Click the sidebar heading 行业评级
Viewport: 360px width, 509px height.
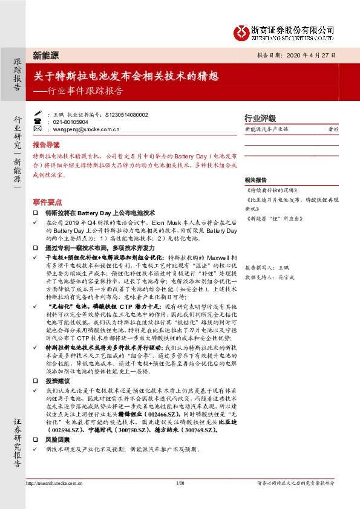click(x=260, y=118)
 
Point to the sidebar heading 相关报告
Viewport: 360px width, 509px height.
click(x=257, y=180)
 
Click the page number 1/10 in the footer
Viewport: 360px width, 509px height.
click(x=180, y=483)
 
